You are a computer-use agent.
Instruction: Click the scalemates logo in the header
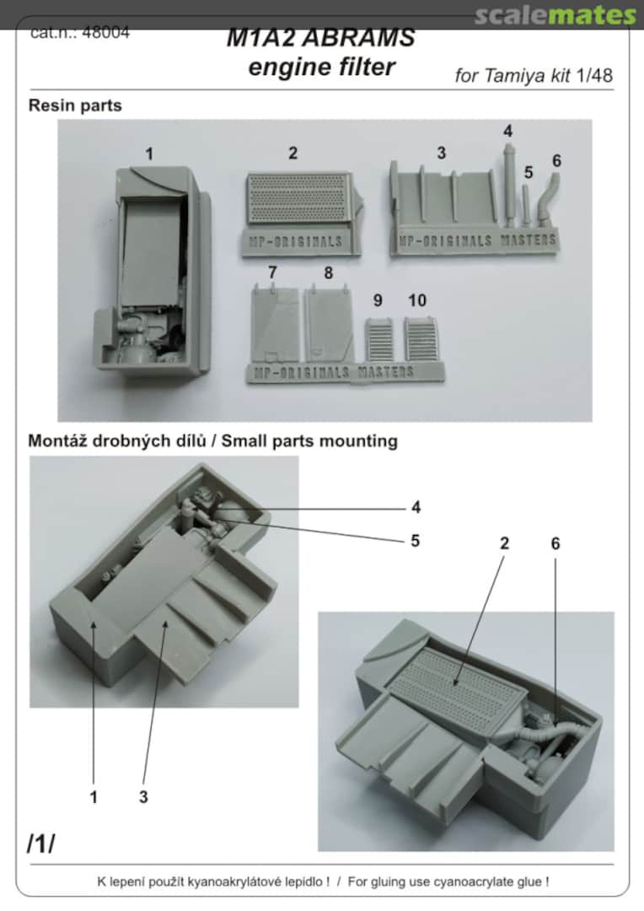(554, 15)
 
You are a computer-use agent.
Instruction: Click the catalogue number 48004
(107, 35)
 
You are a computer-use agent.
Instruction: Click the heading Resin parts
(75, 105)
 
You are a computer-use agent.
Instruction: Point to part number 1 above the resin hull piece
(149, 154)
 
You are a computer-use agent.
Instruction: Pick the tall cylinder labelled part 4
(509, 181)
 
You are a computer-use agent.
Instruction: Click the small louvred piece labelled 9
(379, 339)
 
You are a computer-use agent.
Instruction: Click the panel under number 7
(276, 325)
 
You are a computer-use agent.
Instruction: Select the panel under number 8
(329, 325)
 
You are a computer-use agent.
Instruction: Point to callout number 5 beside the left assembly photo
(415, 540)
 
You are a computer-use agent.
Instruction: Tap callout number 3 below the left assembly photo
(142, 796)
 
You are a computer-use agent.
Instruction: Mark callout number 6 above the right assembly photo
(555, 544)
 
